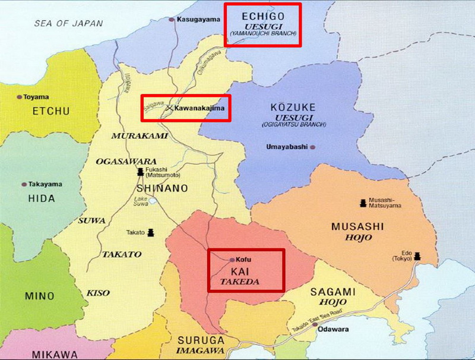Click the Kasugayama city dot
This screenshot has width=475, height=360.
[172, 20]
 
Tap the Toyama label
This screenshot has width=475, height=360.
[37, 97]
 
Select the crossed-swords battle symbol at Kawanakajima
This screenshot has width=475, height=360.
[169, 108]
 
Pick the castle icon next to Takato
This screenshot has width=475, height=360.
[151, 232]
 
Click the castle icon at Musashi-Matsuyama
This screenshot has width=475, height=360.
[362, 203]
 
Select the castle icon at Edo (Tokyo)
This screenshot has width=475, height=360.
[417, 255]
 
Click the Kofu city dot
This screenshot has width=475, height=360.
[232, 260]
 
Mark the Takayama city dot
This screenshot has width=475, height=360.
[24, 185]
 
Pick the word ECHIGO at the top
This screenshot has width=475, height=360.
[262, 16]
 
